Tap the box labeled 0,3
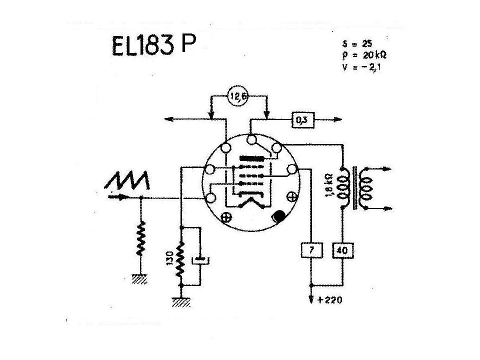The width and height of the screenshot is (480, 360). (x=301, y=119)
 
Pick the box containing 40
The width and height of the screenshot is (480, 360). (x=343, y=250)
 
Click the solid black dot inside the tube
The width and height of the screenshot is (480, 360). (x=278, y=217)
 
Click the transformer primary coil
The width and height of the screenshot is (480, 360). (x=343, y=185)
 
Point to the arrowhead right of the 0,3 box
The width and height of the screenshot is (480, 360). (x=338, y=119)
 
